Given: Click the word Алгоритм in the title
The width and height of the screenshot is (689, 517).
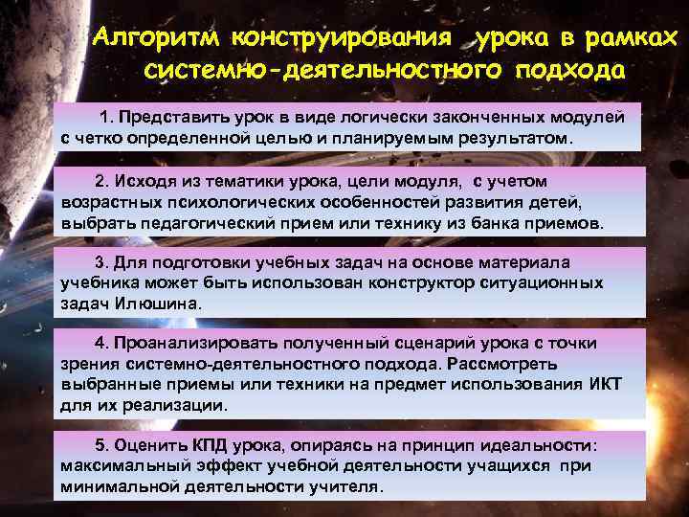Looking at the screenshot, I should pos(155,39).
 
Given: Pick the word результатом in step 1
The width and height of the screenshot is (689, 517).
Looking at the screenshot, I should pos(512,137).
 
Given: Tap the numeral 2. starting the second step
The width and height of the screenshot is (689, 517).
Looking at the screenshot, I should pos(102,181).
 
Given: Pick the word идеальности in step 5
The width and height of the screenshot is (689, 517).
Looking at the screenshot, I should pos(540,445).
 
